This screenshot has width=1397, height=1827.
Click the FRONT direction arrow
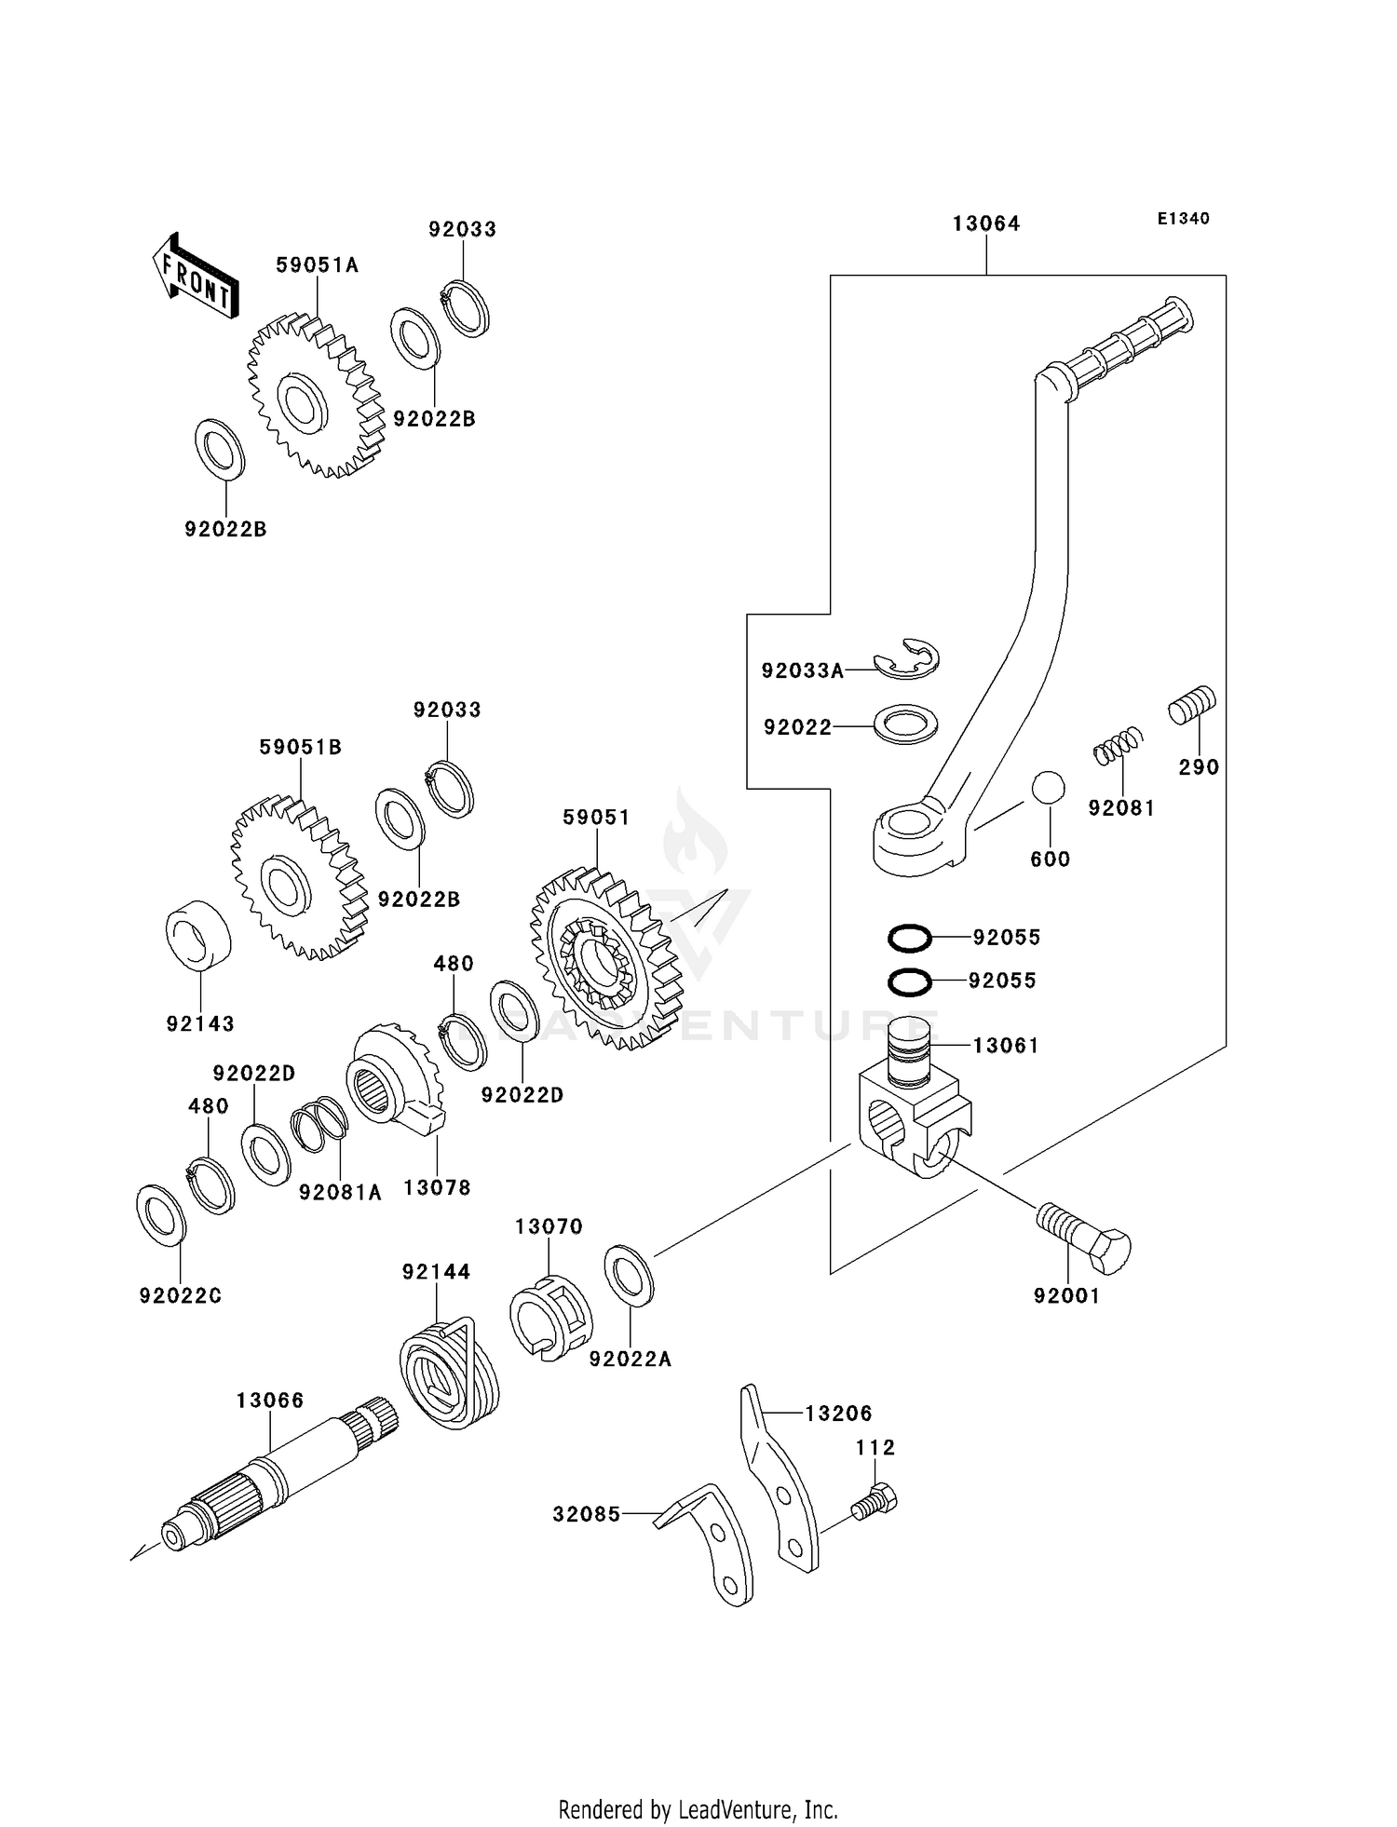tap(195, 277)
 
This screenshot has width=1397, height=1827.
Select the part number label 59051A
tap(317, 265)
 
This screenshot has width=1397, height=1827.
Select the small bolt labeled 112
tap(875, 1501)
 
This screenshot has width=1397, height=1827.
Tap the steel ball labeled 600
tap(1049, 787)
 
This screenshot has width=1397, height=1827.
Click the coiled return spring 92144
tap(450, 1374)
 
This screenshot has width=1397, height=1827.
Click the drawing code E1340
tap(1183, 219)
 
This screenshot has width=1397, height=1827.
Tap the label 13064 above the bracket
tap(985, 224)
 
